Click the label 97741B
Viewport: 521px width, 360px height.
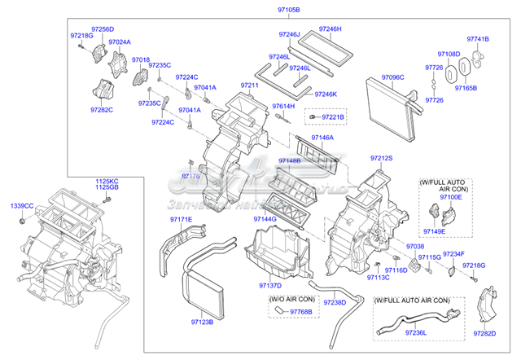coord(478,38)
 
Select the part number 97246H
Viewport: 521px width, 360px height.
coord(331,29)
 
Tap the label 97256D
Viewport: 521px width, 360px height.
coord(103,29)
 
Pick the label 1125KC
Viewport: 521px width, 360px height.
coord(107,180)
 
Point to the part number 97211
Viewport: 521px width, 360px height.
coord(249,86)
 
